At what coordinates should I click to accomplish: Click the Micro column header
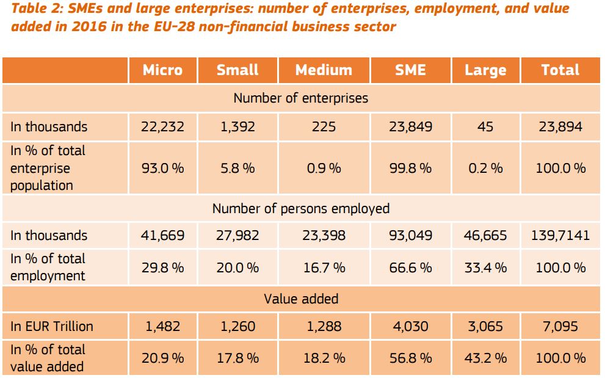pyautogui.click(x=162, y=70)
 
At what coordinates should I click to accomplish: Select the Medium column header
pyautogui.click(x=324, y=70)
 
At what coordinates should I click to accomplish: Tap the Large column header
pyautogui.click(x=485, y=70)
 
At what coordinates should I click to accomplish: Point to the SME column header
pyautogui.click(x=410, y=70)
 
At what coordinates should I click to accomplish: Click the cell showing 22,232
pyautogui.click(x=162, y=127)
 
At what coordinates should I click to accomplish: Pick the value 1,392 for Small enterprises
pyautogui.click(x=237, y=127)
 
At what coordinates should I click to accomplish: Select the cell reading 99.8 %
pyautogui.click(x=410, y=168)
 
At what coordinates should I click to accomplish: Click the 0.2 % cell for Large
pyautogui.click(x=485, y=168)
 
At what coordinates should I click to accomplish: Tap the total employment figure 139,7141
pyautogui.click(x=560, y=236)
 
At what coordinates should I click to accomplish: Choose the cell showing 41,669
pyautogui.click(x=162, y=236)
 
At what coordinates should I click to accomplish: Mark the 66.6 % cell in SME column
pyautogui.click(x=410, y=267)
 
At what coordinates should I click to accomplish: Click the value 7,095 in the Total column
pyautogui.click(x=560, y=326)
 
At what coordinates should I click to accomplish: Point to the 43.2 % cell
pyautogui.click(x=485, y=358)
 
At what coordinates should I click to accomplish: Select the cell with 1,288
pyautogui.click(x=324, y=326)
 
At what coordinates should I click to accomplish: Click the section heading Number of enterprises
pyautogui.click(x=301, y=98)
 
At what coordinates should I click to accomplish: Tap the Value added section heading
pyautogui.click(x=301, y=299)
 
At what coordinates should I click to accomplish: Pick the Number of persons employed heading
pyautogui.click(x=301, y=208)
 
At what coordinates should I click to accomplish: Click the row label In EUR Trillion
pyautogui.click(x=52, y=326)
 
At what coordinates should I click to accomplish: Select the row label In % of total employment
pyautogui.click(x=48, y=267)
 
